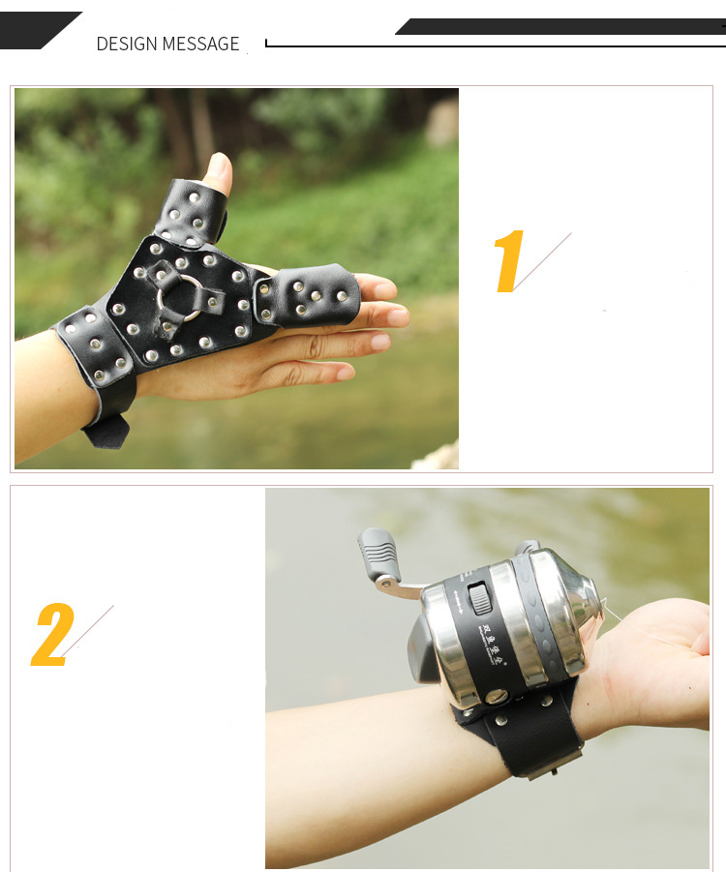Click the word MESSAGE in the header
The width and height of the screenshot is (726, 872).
[x=201, y=45]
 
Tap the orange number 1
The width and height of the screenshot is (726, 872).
[x=508, y=261]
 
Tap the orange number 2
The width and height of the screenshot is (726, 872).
[x=52, y=635]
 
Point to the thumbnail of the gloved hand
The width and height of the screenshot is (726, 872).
[x=219, y=172]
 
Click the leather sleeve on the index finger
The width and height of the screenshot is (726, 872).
[x=306, y=293]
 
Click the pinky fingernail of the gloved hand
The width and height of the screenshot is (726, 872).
[x=345, y=373]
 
